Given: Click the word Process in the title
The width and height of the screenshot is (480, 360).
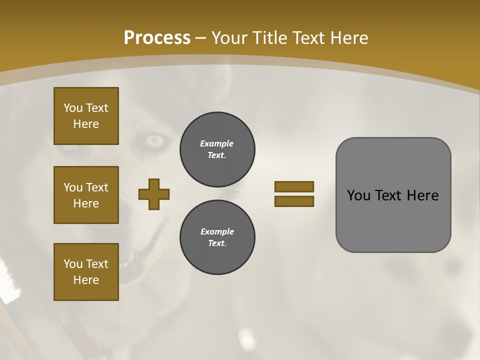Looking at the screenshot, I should click(157, 37).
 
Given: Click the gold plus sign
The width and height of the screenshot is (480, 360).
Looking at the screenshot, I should click(154, 194).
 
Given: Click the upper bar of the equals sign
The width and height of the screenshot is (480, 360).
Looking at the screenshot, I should click(294, 187).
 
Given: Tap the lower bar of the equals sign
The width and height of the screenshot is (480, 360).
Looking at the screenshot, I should click(294, 201).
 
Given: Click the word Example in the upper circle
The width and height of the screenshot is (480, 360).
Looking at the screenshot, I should click(217, 143).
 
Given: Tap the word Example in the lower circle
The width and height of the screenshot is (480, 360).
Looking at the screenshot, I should click(217, 231).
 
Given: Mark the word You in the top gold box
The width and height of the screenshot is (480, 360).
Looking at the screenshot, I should click(73, 108).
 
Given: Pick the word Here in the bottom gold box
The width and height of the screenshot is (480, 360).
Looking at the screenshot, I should click(86, 280).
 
